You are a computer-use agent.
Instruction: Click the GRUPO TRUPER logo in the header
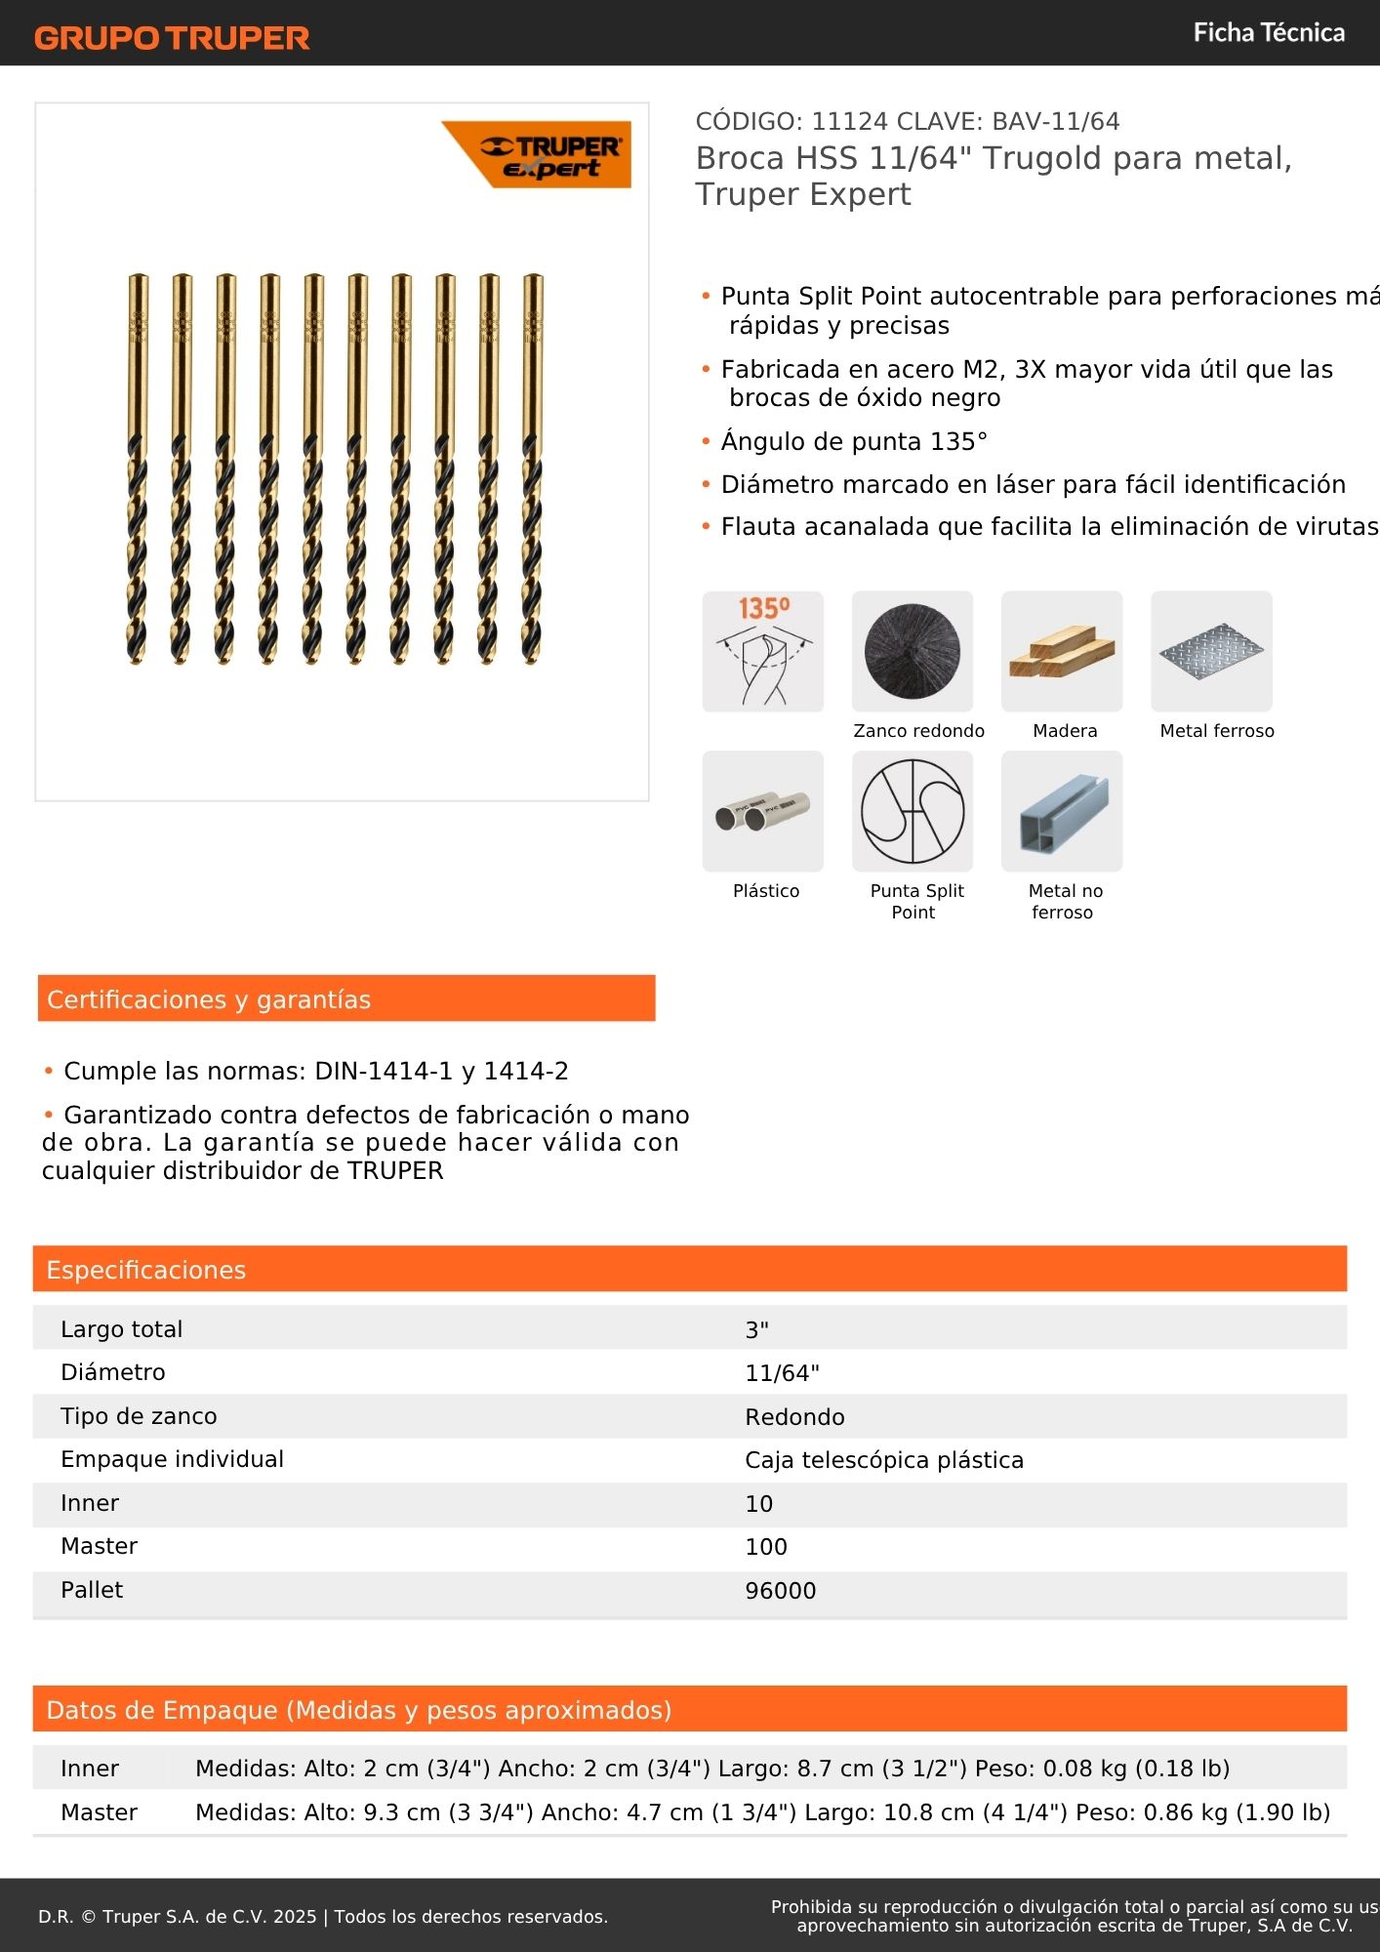(172, 38)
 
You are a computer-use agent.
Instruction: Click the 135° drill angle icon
(763, 651)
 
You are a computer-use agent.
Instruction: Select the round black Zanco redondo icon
(913, 651)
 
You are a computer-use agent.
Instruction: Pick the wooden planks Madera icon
(1062, 651)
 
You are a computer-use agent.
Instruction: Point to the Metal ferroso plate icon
(1211, 651)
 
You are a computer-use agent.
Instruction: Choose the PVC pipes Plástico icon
(763, 811)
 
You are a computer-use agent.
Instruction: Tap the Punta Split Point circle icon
(913, 811)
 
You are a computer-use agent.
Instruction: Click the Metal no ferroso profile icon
(1062, 811)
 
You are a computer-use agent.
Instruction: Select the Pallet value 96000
(781, 1591)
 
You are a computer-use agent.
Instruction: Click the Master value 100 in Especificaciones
(766, 1547)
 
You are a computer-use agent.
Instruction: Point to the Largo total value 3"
(757, 1329)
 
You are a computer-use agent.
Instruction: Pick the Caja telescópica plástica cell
(884, 1460)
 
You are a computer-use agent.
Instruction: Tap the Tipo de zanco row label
(139, 1416)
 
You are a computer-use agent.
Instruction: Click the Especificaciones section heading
(146, 1270)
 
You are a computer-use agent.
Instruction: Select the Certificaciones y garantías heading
(209, 999)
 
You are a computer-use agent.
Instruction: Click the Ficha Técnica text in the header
(1269, 33)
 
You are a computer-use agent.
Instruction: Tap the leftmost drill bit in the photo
(138, 468)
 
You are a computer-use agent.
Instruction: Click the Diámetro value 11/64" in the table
(783, 1373)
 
